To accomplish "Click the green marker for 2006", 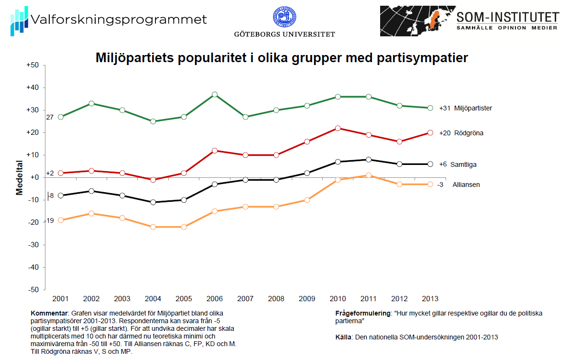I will point(215,95).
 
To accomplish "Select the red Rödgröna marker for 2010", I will point(338,128).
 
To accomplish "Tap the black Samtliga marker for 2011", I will point(368,160).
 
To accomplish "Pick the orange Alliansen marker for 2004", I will point(153,227).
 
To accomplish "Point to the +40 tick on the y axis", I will point(32,87).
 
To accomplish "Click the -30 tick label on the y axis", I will point(33,245).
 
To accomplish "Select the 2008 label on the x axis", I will point(276,299).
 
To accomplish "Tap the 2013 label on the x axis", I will point(430,299).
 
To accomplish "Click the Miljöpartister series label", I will point(473,108).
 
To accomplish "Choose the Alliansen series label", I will point(466,185).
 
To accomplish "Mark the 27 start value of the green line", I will point(50,117).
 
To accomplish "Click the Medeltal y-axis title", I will point(20,177).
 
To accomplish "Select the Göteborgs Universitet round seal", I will point(284,17).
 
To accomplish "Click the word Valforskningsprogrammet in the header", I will point(118,20).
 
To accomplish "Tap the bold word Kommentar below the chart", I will point(50,313).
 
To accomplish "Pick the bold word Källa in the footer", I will point(344,337).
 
